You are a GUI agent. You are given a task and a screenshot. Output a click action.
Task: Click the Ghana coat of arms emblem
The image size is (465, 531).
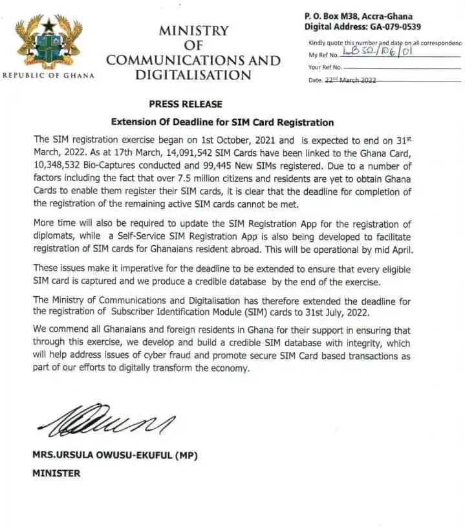coord(49,41)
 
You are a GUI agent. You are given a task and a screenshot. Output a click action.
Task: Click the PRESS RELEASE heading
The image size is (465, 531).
coord(185,104)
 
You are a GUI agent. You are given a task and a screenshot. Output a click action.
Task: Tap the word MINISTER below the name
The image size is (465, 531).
coord(56,473)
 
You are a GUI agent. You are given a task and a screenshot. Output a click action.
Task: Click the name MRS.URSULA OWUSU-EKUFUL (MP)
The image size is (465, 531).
coord(115,455)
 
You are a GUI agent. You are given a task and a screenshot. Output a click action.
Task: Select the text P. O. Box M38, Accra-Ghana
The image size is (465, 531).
coord(358,16)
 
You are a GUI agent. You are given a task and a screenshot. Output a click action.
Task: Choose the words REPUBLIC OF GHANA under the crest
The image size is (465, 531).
coord(49,76)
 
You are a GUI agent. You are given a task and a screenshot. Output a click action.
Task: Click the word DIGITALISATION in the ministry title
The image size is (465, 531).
coord(193,75)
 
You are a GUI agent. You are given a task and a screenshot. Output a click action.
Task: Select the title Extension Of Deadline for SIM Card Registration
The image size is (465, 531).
coord(222,122)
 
